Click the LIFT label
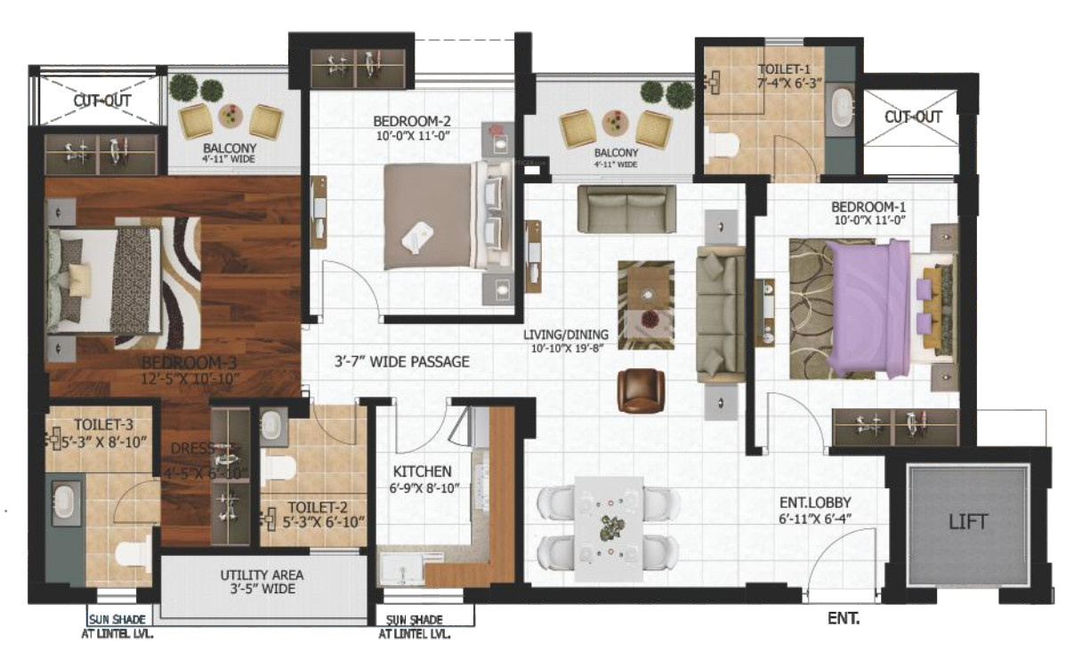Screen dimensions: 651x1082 tap(967, 521)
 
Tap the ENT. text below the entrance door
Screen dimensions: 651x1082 tap(843, 617)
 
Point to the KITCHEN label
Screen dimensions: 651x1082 tap(423, 471)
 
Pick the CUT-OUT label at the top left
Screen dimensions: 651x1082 tap(102, 100)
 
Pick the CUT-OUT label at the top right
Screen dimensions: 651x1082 tap(913, 117)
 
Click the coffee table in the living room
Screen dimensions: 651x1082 tap(646, 305)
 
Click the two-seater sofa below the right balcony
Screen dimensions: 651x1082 tap(626, 208)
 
